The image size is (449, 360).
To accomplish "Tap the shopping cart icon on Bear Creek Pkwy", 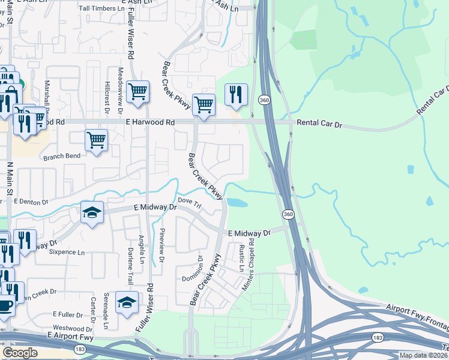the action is click(203, 105).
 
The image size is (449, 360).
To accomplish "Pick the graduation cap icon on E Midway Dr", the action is click(92, 213).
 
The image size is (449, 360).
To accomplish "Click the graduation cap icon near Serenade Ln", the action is click(127, 303).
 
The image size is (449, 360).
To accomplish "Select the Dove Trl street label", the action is click(188, 203).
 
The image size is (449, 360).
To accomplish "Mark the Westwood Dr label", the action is click(73, 328).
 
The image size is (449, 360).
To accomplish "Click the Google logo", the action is click(20, 353).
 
